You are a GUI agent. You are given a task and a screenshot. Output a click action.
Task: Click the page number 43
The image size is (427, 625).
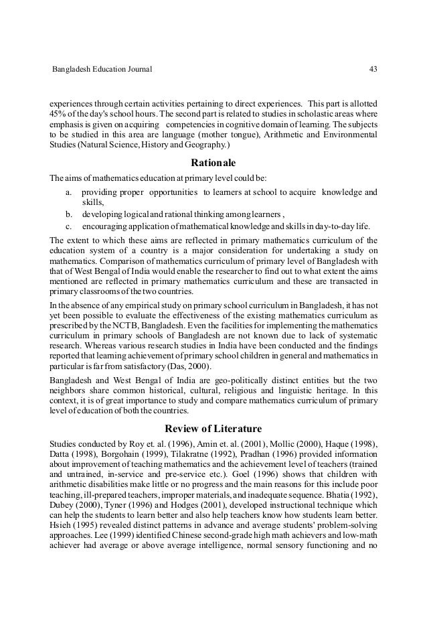372,69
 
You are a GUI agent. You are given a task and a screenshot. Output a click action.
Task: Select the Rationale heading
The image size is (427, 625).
213,162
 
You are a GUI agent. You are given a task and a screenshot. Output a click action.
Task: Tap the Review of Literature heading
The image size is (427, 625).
213,429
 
